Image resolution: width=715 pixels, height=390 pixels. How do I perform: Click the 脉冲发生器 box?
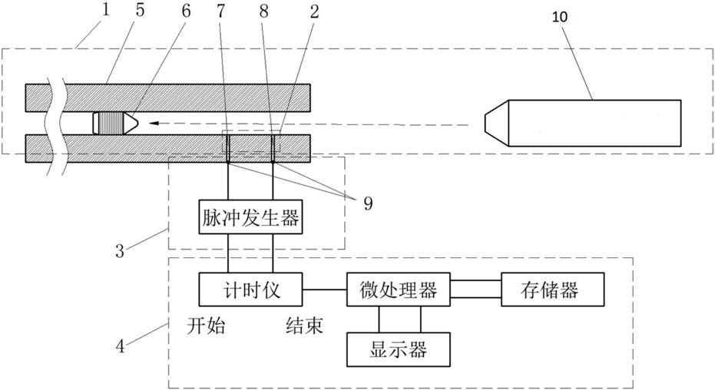(x=250, y=216)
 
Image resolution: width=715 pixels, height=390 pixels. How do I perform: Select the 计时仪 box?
(x=250, y=289)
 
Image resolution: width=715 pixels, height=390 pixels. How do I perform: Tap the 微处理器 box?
(x=398, y=289)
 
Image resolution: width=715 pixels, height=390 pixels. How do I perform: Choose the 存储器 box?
(x=553, y=289)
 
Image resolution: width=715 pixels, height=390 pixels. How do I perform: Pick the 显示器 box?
(x=398, y=349)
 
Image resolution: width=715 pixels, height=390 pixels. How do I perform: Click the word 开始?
(x=206, y=326)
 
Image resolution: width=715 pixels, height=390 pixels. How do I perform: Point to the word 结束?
(x=305, y=326)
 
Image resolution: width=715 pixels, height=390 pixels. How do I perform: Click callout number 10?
(x=560, y=17)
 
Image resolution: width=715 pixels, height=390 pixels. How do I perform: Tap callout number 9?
(x=368, y=203)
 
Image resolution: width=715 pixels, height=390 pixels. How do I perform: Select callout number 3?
(x=120, y=251)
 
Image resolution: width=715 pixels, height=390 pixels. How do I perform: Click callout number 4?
(x=120, y=346)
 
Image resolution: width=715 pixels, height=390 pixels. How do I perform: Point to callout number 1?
(x=106, y=10)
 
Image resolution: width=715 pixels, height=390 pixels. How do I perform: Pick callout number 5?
(x=140, y=10)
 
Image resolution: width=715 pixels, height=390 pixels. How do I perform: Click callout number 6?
(x=186, y=11)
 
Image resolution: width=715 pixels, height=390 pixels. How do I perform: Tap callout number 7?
(x=221, y=11)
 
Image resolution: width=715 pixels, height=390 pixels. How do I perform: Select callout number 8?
(x=264, y=11)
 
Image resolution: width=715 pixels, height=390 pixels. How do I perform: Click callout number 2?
(x=315, y=11)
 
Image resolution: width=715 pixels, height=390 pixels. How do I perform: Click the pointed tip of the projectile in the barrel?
(x=138, y=123)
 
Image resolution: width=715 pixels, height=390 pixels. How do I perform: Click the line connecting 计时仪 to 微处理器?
(x=324, y=289)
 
